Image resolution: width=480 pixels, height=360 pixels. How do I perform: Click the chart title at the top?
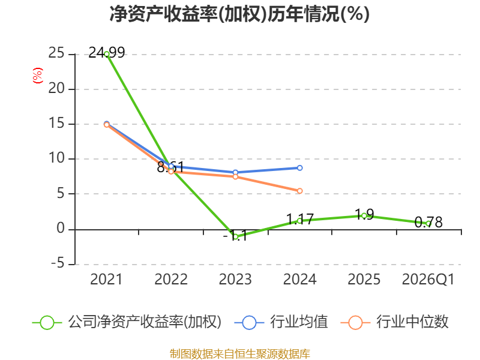pos(239,14)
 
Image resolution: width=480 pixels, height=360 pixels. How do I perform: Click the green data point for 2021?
pos(107,54)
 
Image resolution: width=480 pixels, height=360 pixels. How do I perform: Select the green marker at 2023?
pos(235,236)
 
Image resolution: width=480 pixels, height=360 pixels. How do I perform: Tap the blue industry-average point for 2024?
pos(299,168)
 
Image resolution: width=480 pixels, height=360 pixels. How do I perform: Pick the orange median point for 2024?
pos(299,191)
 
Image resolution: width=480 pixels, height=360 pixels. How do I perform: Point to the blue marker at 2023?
pos(235,172)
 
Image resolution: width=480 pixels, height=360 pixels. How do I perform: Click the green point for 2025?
pos(364,216)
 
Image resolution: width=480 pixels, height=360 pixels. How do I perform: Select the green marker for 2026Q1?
pos(428,224)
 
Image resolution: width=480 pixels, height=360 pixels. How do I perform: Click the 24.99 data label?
pos(107,53)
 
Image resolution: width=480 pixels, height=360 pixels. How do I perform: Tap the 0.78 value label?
pos(428,222)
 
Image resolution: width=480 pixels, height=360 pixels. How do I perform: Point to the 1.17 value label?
pos(299,219)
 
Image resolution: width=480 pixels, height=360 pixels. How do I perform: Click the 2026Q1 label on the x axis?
pos(428,279)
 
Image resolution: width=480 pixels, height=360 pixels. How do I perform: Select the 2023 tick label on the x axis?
pos(235,279)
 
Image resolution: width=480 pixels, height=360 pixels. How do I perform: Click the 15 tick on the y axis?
pos(56,124)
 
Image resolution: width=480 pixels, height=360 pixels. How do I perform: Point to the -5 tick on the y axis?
pos(58,263)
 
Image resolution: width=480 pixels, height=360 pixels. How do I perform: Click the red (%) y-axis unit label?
pos(38,76)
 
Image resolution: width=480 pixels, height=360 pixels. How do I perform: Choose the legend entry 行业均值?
pos(281,322)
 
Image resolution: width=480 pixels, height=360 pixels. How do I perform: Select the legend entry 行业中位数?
pos(394,322)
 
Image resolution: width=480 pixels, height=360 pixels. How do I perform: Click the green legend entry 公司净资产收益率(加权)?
pos(127,322)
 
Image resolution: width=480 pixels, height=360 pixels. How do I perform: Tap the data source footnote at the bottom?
pos(240,353)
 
